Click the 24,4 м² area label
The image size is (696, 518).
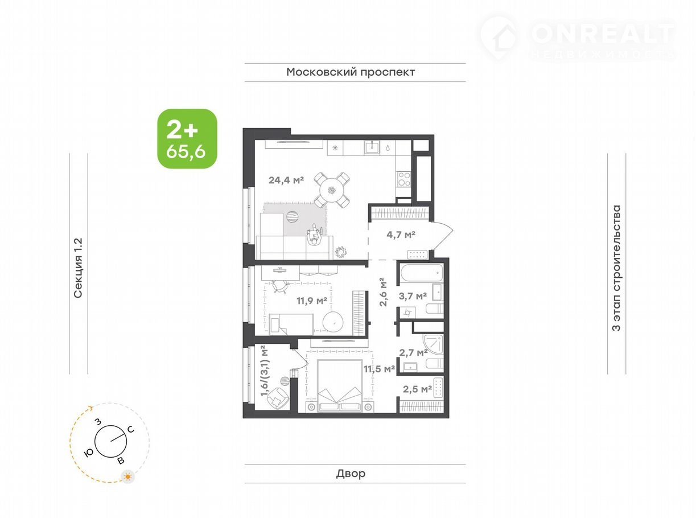[x=286, y=180]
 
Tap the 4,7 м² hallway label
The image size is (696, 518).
[x=401, y=235]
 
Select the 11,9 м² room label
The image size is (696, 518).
[x=312, y=301]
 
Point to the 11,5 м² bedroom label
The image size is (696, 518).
[x=379, y=368]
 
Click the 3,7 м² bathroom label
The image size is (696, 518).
[x=413, y=296]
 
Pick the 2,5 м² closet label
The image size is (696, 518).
[x=417, y=389]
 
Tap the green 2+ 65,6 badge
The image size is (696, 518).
[x=187, y=138]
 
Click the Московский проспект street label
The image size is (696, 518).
[x=351, y=72]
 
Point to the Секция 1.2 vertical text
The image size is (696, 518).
[x=78, y=268]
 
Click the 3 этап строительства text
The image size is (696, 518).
[x=616, y=268]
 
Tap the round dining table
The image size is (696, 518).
[x=332, y=191]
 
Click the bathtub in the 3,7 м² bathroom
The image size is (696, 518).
[x=422, y=273]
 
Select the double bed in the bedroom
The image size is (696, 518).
[x=340, y=385]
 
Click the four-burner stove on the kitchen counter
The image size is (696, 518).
[x=403, y=179]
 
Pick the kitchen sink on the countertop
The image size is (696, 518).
[x=372, y=147]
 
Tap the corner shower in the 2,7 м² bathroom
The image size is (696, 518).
[x=433, y=345]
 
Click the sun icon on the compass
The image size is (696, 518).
[x=127, y=486]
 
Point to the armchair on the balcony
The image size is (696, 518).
[x=277, y=398]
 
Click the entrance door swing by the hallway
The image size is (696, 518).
[x=442, y=236]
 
